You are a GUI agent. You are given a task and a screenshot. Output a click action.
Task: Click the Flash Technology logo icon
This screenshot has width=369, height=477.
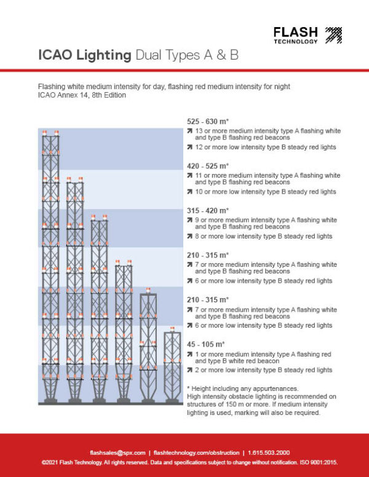coord(333,35)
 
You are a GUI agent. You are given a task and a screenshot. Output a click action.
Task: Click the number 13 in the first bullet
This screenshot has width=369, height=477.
coord(199,131)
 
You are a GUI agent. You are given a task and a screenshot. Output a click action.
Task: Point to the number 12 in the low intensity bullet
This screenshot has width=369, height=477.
coord(199,148)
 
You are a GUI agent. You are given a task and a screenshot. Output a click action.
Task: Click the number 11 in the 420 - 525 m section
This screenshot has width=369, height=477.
coord(198,176)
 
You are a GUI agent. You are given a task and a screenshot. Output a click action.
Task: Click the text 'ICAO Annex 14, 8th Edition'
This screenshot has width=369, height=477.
coord(81,95)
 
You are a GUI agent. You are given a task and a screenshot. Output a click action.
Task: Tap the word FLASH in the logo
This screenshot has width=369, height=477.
coord(295,32)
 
